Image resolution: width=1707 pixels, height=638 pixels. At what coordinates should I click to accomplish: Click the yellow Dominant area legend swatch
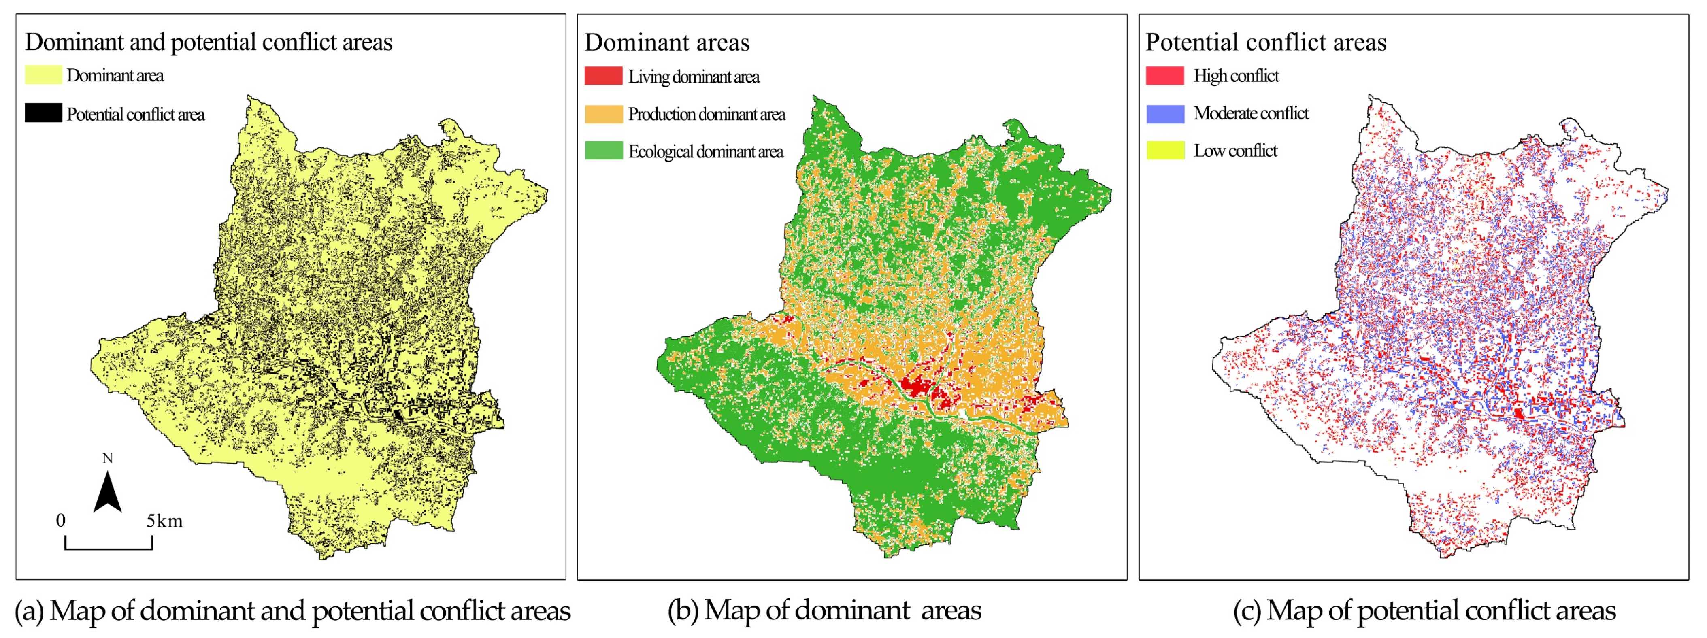pyautogui.click(x=43, y=75)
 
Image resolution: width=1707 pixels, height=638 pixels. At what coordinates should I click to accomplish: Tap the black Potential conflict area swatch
pyautogui.click(x=43, y=113)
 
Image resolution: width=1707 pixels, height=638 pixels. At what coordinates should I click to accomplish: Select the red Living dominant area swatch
pyautogui.click(x=603, y=76)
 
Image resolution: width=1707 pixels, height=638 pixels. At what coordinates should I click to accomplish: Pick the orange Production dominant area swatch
pyautogui.click(x=603, y=114)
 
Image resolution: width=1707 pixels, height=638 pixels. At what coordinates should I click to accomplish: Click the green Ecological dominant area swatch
pyautogui.click(x=603, y=151)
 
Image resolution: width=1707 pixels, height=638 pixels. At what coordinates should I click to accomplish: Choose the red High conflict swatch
pyautogui.click(x=1164, y=76)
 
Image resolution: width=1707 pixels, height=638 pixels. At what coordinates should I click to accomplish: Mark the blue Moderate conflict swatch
pyautogui.click(x=1164, y=113)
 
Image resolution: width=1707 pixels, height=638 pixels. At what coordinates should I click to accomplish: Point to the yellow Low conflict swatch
pyautogui.click(x=1164, y=150)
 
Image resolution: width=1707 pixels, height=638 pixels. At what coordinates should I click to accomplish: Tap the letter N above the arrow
pyautogui.click(x=107, y=458)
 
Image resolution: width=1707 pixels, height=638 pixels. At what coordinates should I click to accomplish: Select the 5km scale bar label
pyautogui.click(x=164, y=521)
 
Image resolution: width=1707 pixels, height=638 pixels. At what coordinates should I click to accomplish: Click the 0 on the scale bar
pyautogui.click(x=61, y=521)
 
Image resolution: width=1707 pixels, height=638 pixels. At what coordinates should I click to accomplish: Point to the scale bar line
pyautogui.click(x=109, y=548)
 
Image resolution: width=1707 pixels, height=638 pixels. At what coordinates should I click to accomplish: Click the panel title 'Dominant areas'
pyautogui.click(x=666, y=43)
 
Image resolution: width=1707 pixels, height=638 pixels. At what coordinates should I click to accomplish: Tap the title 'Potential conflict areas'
pyautogui.click(x=1266, y=42)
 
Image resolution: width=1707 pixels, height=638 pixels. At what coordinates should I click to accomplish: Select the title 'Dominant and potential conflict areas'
pyautogui.click(x=209, y=42)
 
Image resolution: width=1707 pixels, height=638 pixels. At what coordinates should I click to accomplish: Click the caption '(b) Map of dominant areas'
pyautogui.click(x=824, y=610)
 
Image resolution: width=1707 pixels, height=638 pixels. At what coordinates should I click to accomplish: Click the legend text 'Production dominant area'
pyautogui.click(x=707, y=114)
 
